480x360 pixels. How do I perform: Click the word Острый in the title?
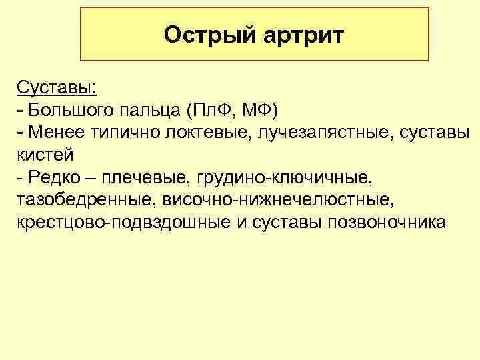[x=205, y=35]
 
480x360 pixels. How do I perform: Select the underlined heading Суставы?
[x=56, y=87]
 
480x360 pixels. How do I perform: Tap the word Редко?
[x=53, y=177]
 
